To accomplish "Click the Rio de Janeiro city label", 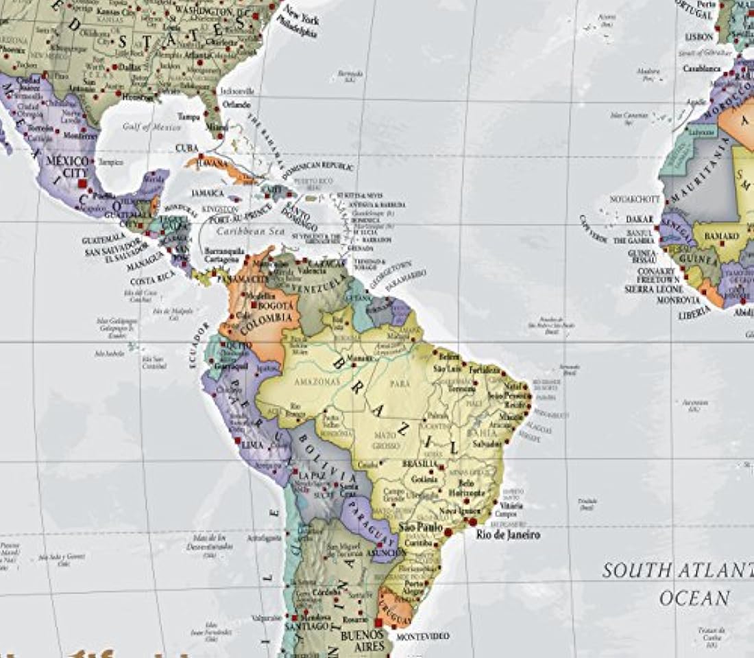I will coord(504,534).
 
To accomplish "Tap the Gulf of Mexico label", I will coord(152,127).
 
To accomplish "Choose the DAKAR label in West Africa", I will coord(639,219).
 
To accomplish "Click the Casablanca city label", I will coord(701,69).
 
